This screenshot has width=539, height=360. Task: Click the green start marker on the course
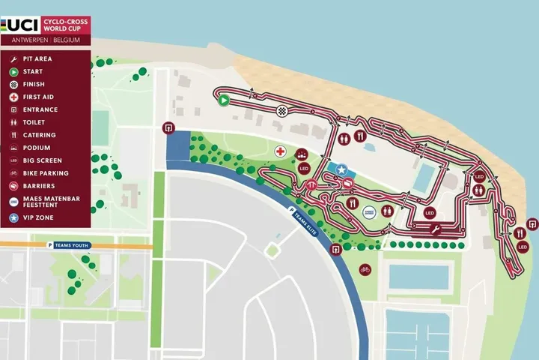(x=223, y=99)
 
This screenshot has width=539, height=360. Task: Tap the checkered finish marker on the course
(x=282, y=111)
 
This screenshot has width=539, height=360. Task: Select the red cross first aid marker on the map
(x=281, y=151)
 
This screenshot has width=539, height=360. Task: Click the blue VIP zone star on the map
(x=341, y=170)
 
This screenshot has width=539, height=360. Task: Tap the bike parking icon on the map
(x=365, y=268)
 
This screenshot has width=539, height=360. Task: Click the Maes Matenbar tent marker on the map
(x=368, y=213)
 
